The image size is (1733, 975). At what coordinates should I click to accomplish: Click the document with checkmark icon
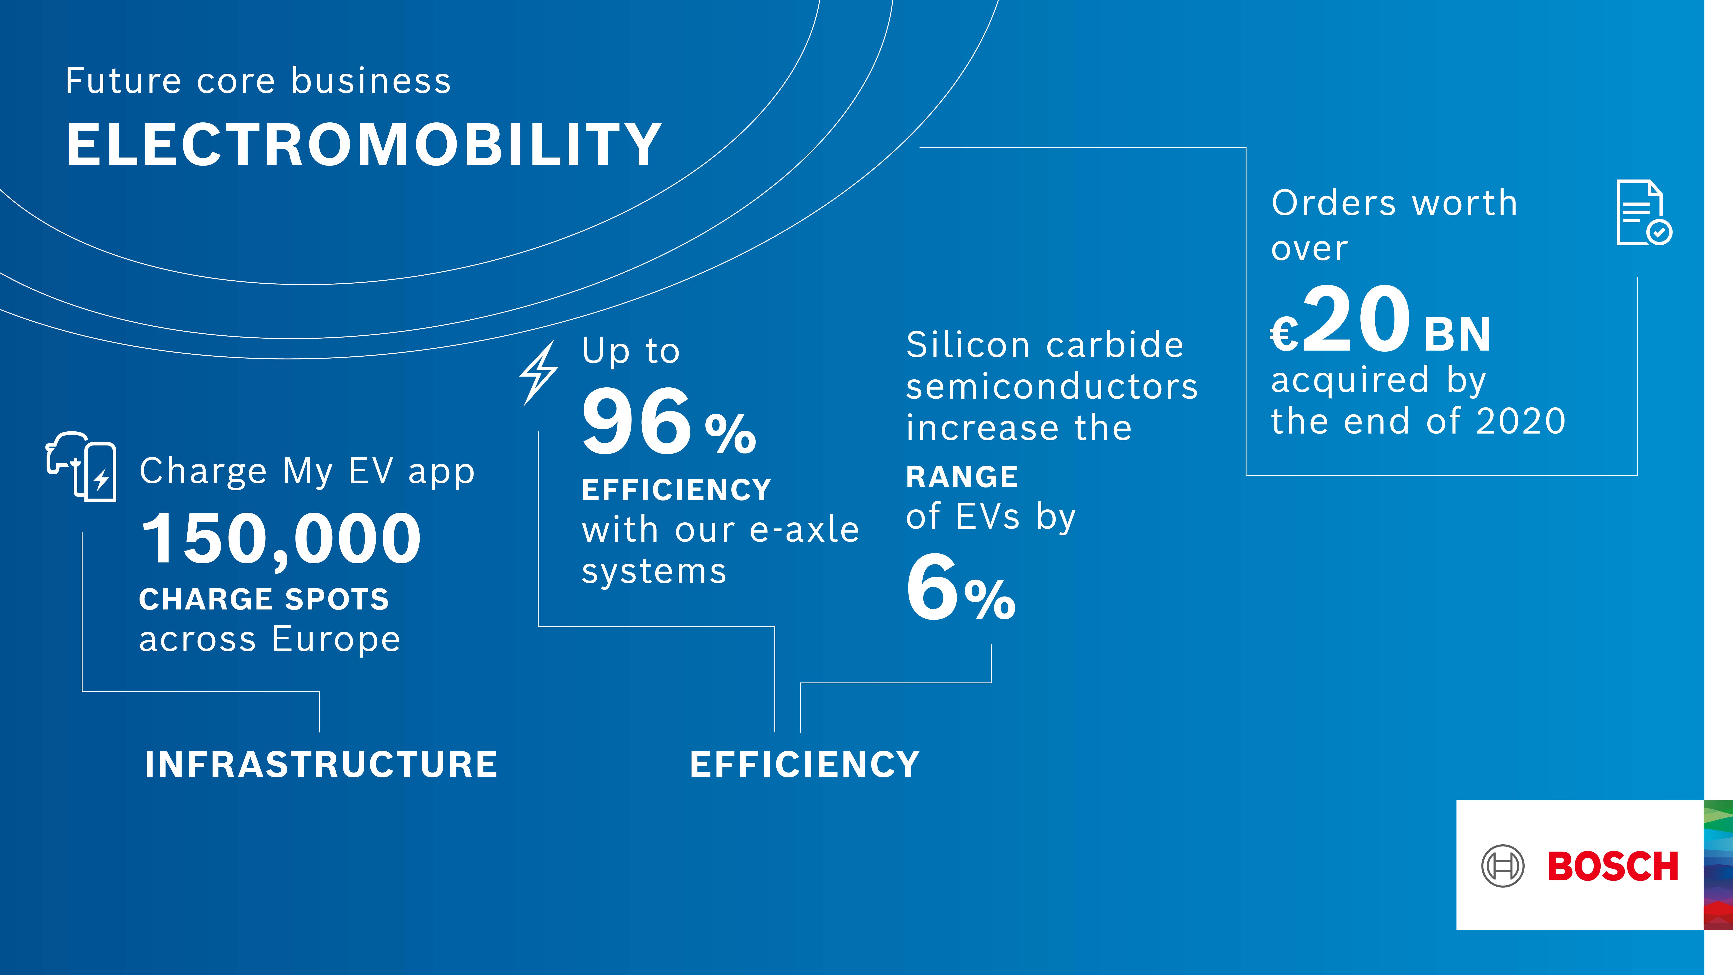coord(1643,213)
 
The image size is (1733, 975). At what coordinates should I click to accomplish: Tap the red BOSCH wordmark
coord(1613,867)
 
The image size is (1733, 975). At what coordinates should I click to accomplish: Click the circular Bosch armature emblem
coord(1502,866)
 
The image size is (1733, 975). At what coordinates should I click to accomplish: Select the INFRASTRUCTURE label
coord(321,765)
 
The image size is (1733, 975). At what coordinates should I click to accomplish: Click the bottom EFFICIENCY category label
coord(805,765)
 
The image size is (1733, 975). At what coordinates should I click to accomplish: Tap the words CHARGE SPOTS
coord(264,599)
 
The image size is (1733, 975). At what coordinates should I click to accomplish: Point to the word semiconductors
coord(1051,387)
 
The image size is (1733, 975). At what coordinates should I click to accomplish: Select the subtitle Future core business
coord(258,81)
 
